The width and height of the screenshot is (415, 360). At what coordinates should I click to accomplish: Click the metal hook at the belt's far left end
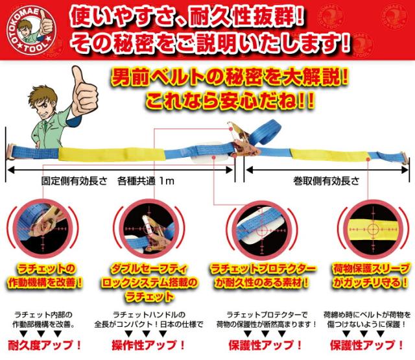[14, 152]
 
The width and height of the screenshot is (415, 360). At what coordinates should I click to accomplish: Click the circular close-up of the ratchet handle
[148, 230]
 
